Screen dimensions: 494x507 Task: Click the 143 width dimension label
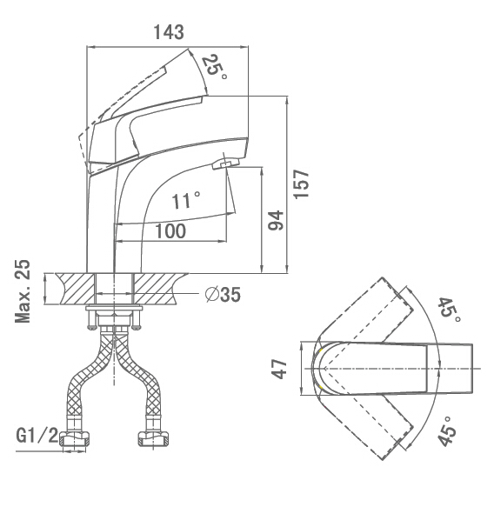click(x=169, y=32)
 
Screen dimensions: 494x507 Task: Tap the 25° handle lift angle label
click(x=214, y=69)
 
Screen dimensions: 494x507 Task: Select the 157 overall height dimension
click(x=301, y=183)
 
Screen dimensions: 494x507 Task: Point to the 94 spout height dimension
click(x=276, y=220)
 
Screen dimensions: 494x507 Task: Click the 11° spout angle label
click(x=185, y=200)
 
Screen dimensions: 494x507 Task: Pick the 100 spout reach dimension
click(x=170, y=230)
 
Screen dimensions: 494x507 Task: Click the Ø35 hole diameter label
click(x=223, y=295)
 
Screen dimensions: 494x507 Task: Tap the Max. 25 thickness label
click(x=23, y=291)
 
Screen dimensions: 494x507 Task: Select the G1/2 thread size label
click(x=37, y=436)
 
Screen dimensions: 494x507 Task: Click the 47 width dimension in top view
click(x=279, y=369)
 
